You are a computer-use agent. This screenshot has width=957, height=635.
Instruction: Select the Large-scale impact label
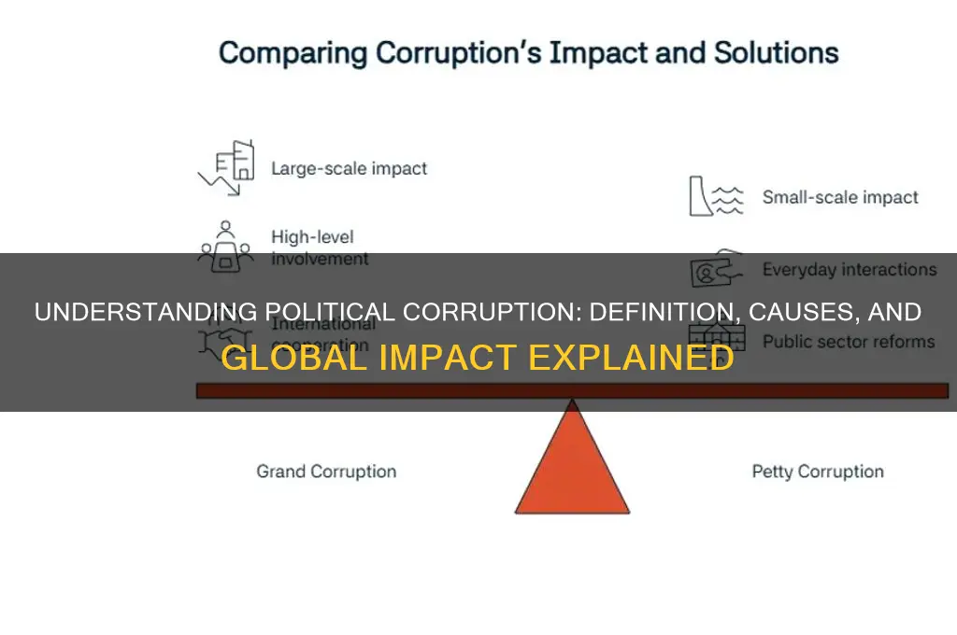click(349, 169)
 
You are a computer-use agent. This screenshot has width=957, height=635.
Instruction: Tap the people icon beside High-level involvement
click(225, 245)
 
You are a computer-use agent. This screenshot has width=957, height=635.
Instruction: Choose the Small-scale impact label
click(840, 197)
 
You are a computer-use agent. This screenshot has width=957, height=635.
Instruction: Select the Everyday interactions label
click(849, 270)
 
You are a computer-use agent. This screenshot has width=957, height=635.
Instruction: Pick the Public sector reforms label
click(849, 341)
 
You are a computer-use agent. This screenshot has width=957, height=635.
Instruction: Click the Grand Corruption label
click(326, 472)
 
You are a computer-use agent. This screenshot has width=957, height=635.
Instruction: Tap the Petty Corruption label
click(818, 472)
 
